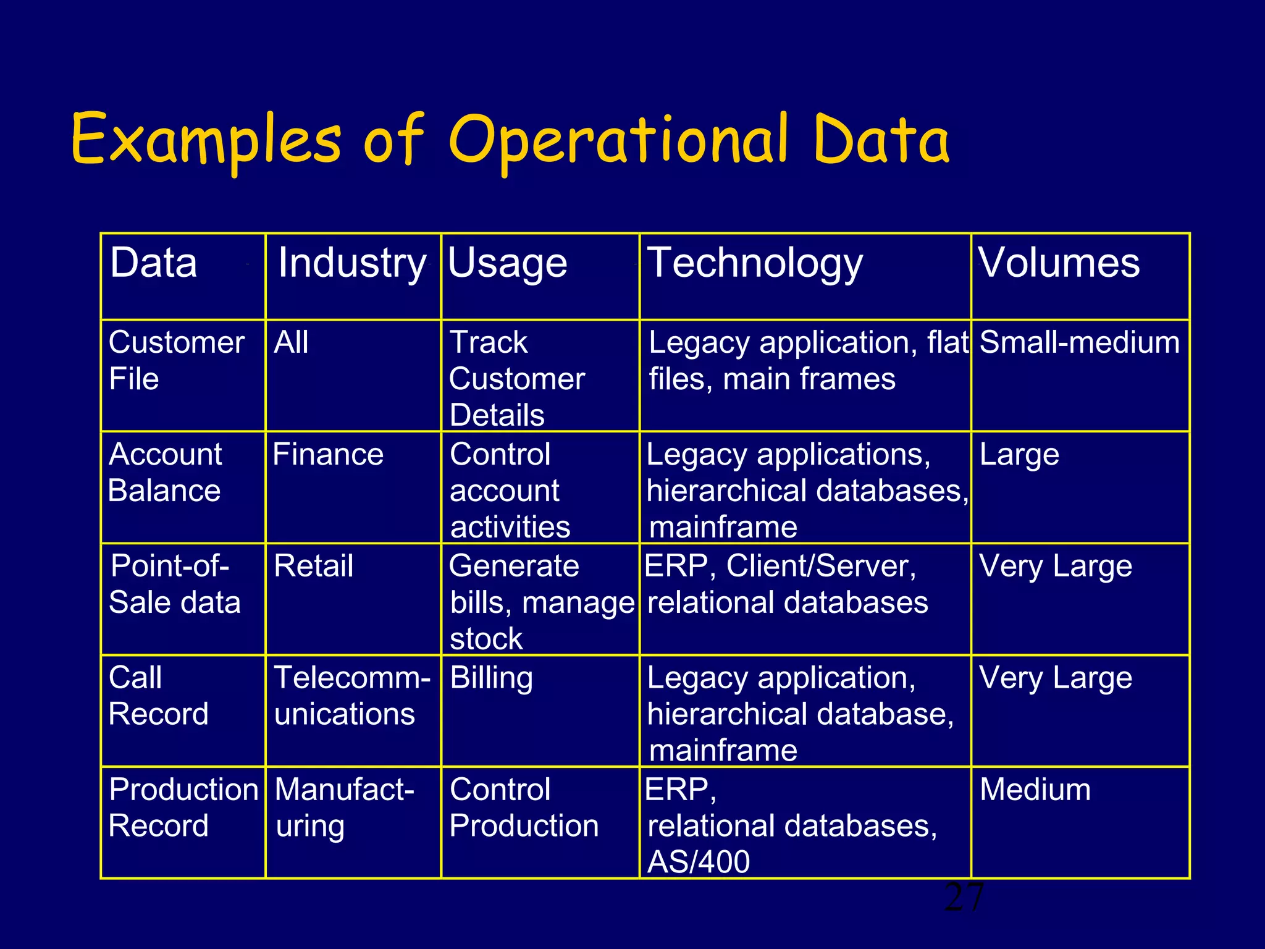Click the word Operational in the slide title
click(x=618, y=141)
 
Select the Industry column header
click(x=352, y=263)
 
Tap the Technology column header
click(x=754, y=263)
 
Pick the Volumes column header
click(x=1059, y=263)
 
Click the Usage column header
click(x=507, y=263)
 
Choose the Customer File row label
click(x=176, y=360)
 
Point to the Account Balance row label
click(x=165, y=473)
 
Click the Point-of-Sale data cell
click(x=174, y=584)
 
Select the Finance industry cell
click(x=328, y=455)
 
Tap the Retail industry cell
click(x=313, y=567)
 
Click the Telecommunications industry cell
click(x=351, y=696)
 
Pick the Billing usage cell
click(x=491, y=678)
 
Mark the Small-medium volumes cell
click(x=1079, y=343)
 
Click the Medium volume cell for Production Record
click(x=1035, y=790)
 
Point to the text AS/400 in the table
click(x=699, y=862)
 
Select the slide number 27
click(x=964, y=898)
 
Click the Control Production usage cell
click(x=524, y=808)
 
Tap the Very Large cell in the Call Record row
click(x=1056, y=678)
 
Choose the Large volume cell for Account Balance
click(x=1019, y=455)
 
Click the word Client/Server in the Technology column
click(x=821, y=567)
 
